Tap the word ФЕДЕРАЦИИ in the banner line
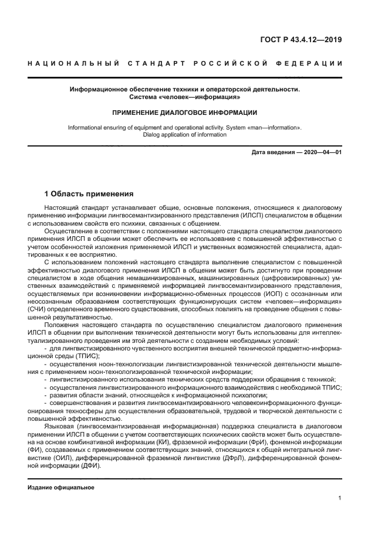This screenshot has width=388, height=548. coord(313,63)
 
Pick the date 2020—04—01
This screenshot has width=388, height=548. coord(322,152)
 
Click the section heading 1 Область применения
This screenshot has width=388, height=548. coord(89,193)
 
